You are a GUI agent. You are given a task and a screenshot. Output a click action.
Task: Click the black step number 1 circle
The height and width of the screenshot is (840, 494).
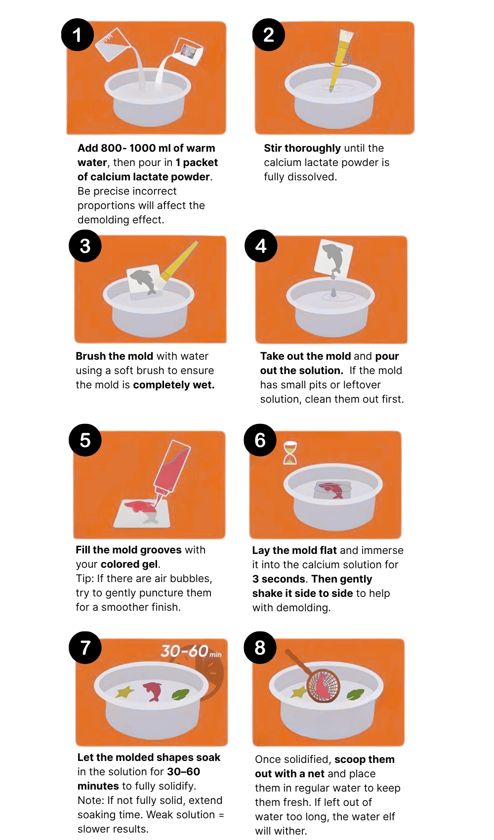(77, 35)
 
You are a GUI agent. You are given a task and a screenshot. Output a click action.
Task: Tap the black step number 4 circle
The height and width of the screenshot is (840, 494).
(261, 246)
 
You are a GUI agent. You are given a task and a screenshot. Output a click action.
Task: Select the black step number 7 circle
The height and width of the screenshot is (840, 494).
(85, 647)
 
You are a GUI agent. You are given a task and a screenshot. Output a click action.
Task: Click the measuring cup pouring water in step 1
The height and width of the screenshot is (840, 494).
(112, 44)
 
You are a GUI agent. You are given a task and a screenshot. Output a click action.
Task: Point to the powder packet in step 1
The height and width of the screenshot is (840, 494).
(189, 51)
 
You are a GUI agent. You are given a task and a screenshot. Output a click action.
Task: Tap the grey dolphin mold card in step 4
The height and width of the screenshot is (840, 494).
(333, 257)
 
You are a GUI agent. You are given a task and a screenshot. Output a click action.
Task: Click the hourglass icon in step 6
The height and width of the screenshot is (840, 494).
(290, 453)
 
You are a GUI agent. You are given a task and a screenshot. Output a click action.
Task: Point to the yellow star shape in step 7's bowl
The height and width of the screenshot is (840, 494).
(124, 691)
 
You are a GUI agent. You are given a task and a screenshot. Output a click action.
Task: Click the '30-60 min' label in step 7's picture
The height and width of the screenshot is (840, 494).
(191, 651)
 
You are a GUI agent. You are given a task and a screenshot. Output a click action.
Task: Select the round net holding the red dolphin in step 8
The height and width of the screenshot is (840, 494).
(323, 686)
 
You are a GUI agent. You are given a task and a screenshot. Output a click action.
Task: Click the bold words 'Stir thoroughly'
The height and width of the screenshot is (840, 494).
(302, 148)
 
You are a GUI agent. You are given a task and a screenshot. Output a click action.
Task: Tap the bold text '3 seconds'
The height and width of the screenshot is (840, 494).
(279, 579)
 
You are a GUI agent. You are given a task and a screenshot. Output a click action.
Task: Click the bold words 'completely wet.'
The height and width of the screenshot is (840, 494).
(174, 385)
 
